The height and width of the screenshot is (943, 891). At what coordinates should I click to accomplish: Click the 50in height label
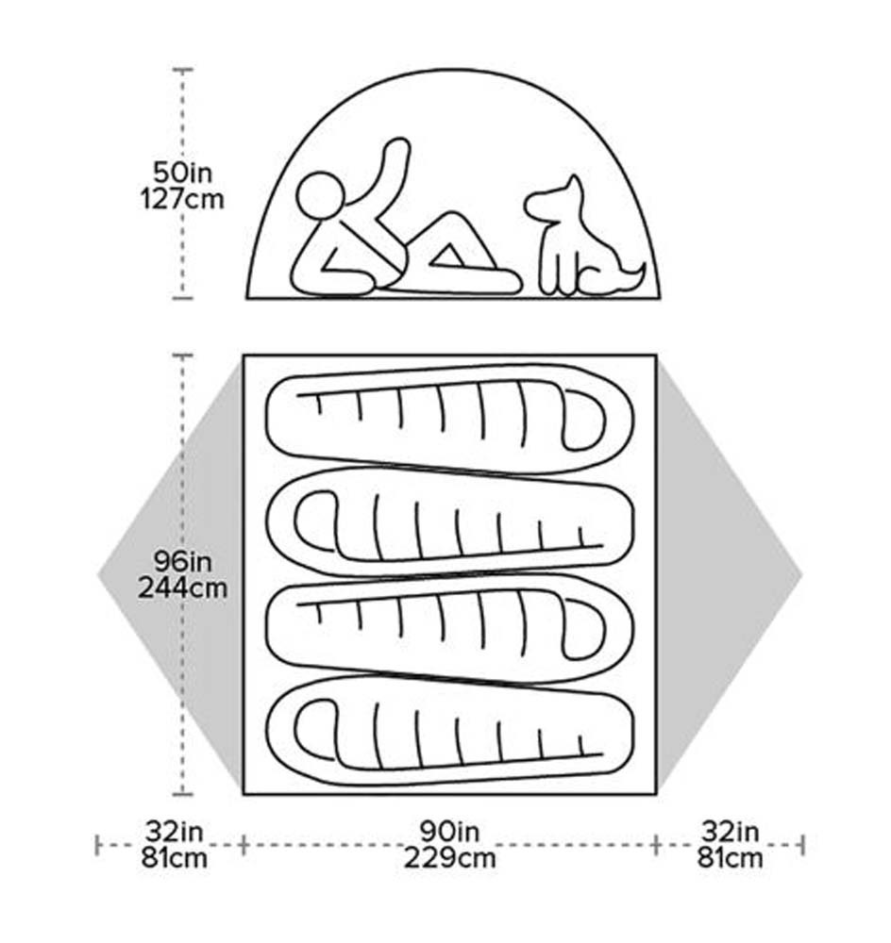tap(182, 173)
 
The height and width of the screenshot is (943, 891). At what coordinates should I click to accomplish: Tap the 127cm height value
tap(182, 198)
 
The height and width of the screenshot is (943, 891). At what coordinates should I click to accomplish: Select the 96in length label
tap(182, 561)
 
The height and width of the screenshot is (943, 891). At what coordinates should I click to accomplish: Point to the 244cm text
tap(182, 587)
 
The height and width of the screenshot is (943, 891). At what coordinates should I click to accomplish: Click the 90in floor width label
tap(449, 832)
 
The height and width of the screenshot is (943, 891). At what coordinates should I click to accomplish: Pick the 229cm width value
tap(449, 857)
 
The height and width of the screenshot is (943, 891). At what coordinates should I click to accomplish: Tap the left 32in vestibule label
tap(175, 832)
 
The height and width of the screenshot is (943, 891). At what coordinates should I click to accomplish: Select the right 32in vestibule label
tap(730, 832)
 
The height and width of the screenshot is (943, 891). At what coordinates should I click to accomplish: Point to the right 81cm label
tap(730, 857)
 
